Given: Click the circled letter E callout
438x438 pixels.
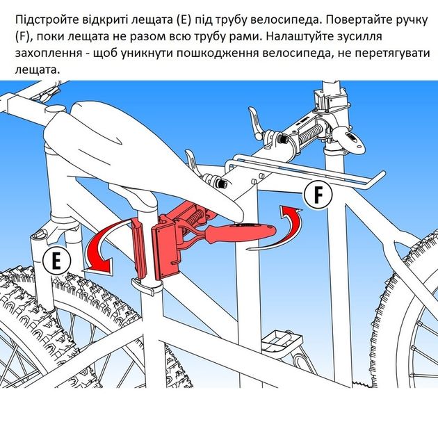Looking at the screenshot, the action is coord(57,261).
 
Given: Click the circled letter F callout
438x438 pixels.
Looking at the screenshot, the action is coord(318,195).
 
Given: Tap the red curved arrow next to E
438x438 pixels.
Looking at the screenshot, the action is coord(104,246).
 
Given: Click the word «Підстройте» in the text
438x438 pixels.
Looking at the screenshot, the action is coord(47,20).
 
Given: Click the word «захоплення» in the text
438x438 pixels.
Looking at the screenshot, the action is coord(49,53).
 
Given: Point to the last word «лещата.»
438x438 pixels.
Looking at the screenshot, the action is coord(38,70).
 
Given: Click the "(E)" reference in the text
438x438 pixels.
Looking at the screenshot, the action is coord(184,20).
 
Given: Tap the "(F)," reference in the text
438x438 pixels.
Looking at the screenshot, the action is coord(24,36).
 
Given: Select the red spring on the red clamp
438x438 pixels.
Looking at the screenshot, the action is coord(197,217).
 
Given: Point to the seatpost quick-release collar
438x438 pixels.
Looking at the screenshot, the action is coord(147,285).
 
